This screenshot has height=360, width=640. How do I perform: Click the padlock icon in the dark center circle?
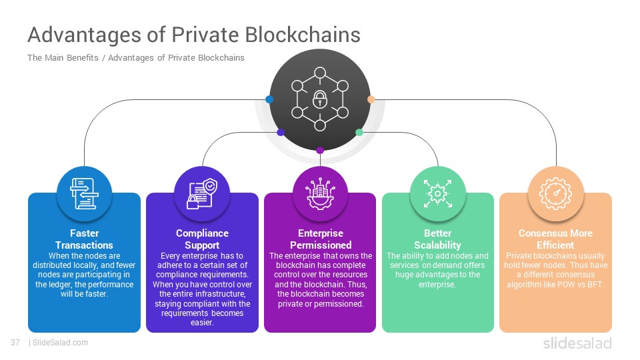[x=319, y=99]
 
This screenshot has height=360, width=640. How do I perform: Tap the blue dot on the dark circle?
[x=269, y=99]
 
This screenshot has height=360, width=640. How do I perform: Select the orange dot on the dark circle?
[x=371, y=99]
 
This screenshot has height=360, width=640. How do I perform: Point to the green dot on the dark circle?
[x=359, y=132]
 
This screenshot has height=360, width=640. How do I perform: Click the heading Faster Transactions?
[x=84, y=239]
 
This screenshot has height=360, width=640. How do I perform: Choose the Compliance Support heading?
[x=202, y=239]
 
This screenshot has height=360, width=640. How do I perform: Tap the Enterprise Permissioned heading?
[x=321, y=239]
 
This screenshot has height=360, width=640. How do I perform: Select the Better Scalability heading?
[x=437, y=239]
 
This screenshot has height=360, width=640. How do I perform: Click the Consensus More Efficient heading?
[x=555, y=239]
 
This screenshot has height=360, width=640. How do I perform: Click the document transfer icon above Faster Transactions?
[x=84, y=194]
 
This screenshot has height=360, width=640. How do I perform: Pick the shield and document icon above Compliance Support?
[x=202, y=194]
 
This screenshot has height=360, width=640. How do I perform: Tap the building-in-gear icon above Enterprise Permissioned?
[x=321, y=194]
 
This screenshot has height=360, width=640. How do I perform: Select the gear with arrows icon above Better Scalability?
[x=437, y=194]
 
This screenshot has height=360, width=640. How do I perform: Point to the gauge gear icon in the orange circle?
[x=555, y=194]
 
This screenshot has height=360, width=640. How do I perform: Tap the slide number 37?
[x=15, y=343]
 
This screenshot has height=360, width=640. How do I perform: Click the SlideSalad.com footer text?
[x=60, y=343]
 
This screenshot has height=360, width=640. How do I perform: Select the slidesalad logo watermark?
[x=577, y=343]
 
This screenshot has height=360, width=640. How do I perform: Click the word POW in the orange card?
[x=565, y=285]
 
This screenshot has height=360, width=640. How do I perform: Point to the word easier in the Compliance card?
[x=202, y=323]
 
